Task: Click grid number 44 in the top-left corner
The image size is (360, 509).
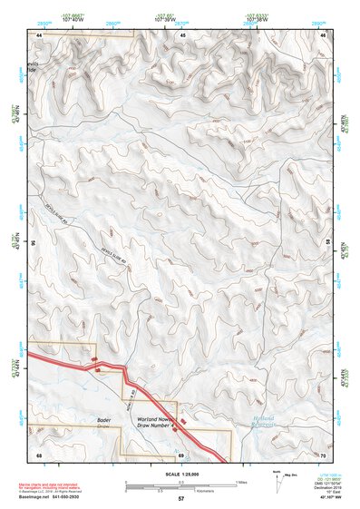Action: pos(39,35)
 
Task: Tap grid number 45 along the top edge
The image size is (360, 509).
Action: pos(182,35)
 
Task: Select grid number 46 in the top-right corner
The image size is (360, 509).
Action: pos(324,35)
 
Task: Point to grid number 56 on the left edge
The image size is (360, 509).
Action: pos(34,242)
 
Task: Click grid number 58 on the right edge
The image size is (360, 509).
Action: pos(327,242)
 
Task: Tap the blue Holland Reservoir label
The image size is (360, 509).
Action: pos(264,421)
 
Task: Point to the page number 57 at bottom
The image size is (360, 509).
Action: pos(181,500)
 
